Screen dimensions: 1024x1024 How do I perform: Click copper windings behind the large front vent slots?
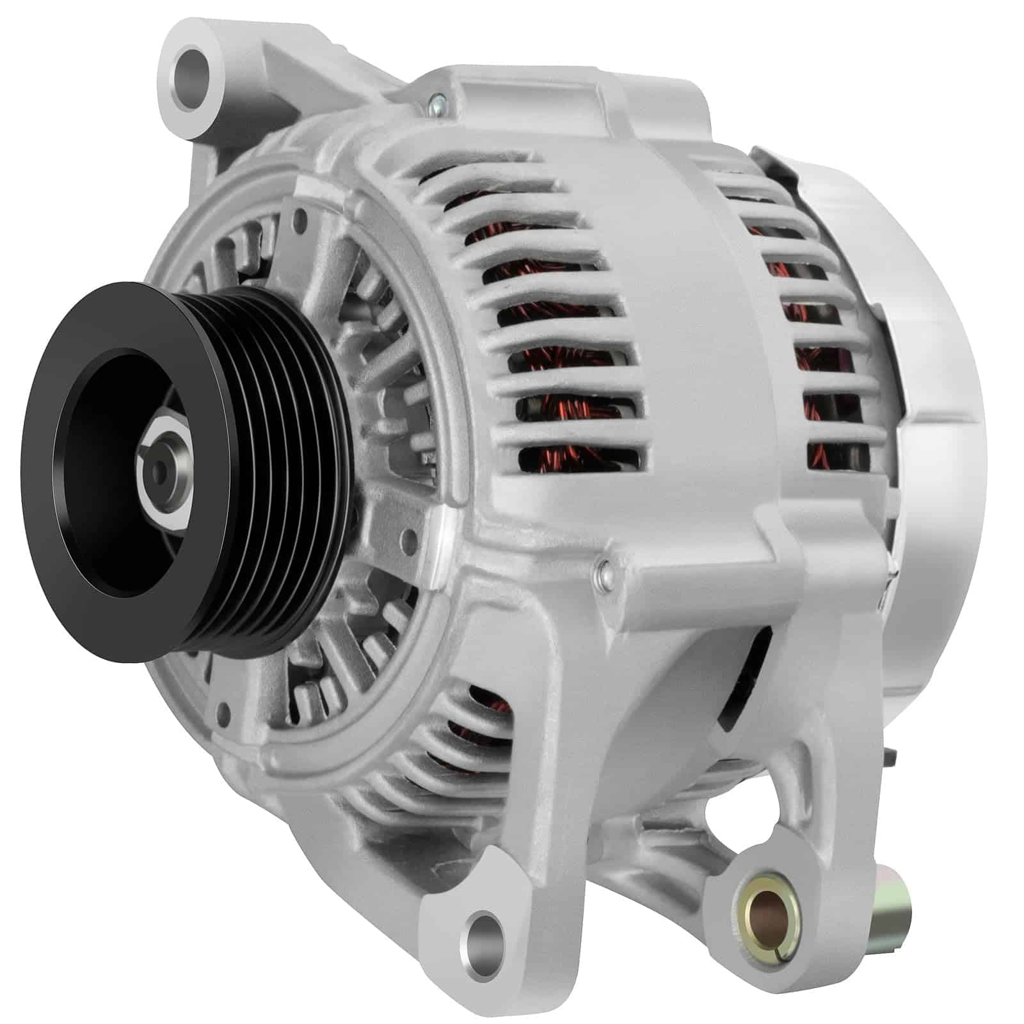(563, 358)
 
